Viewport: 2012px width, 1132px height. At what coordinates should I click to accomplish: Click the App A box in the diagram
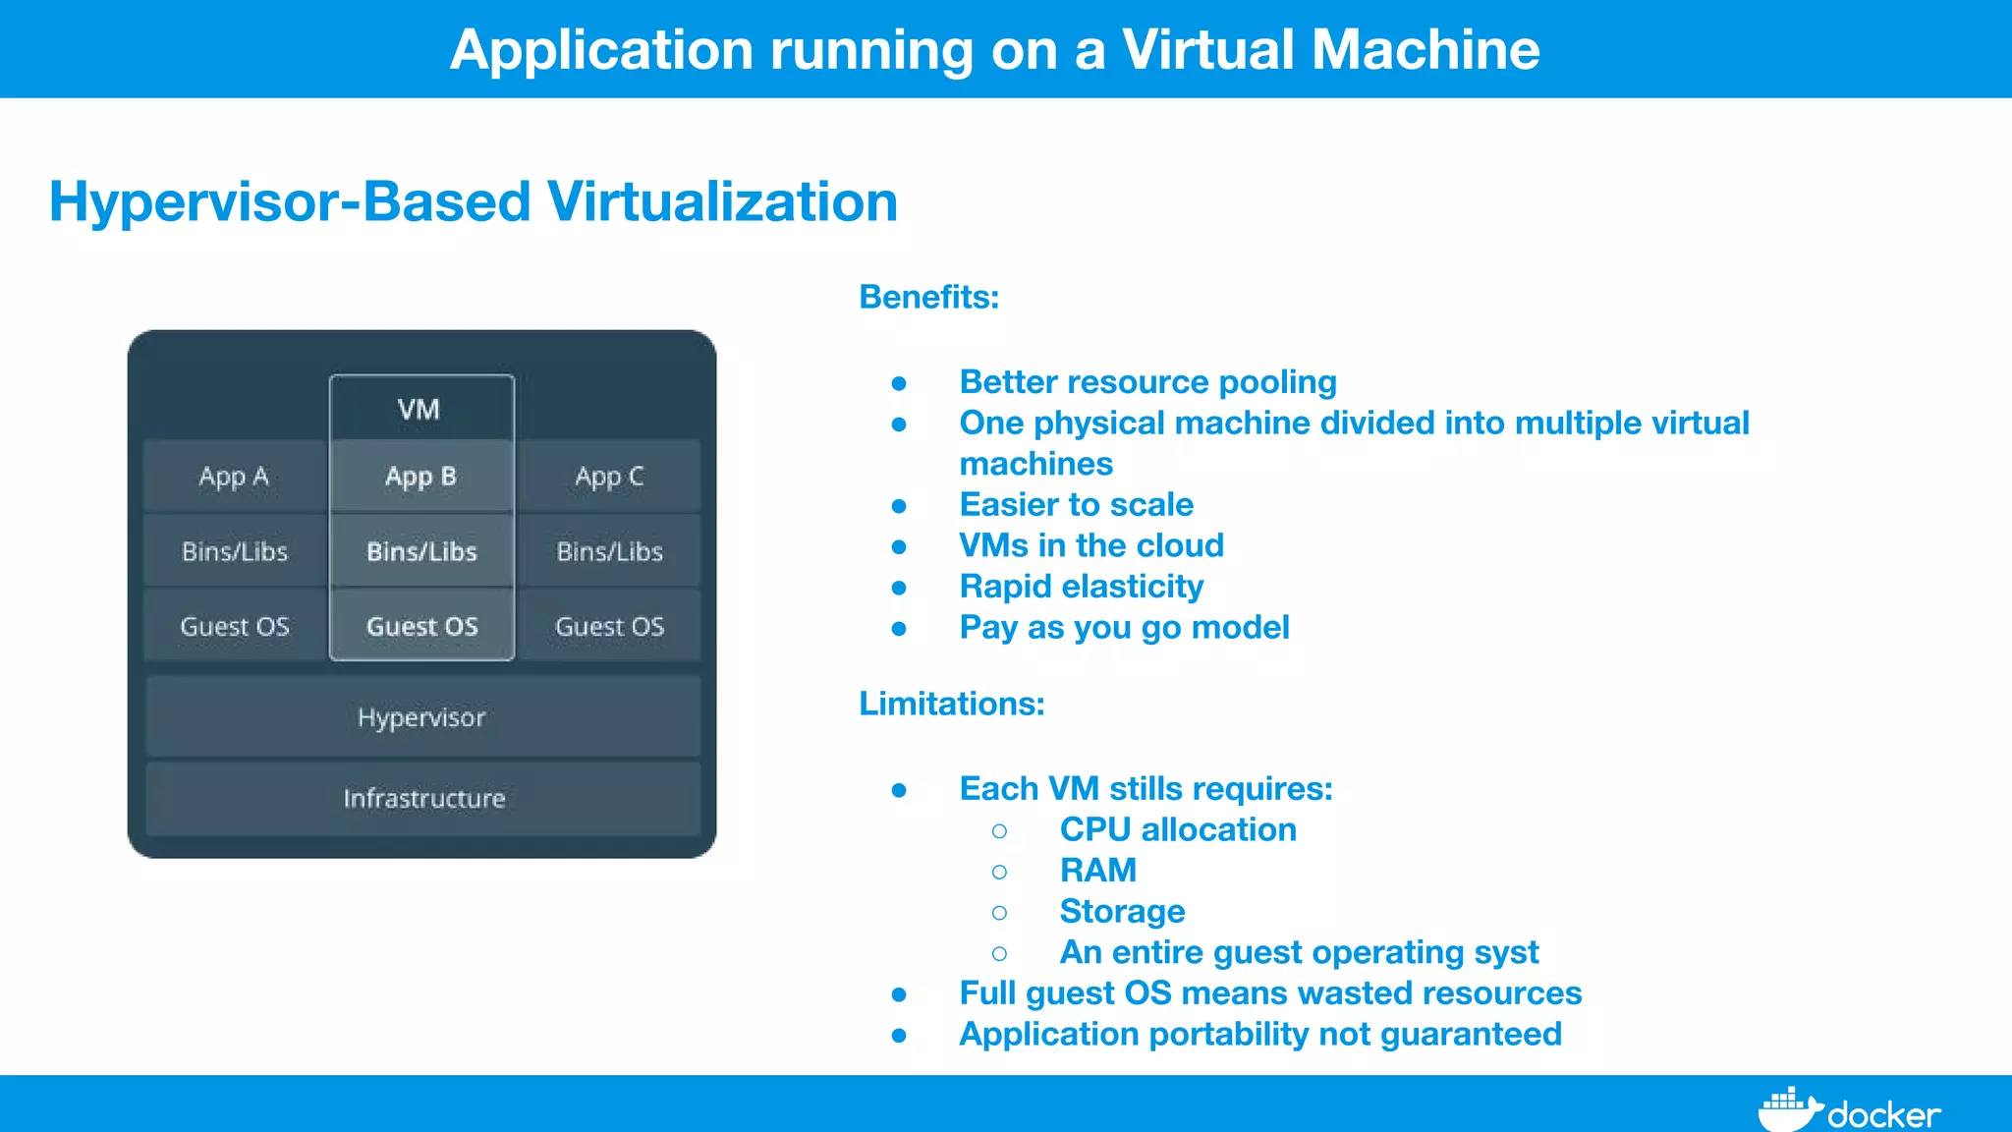coord(234,477)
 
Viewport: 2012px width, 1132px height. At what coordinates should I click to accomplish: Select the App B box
coord(421,477)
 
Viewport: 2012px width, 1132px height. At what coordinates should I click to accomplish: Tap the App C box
coord(609,477)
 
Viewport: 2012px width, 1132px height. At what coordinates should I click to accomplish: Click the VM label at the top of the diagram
coord(419,410)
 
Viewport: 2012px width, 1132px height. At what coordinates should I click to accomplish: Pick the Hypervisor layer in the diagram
coord(422,717)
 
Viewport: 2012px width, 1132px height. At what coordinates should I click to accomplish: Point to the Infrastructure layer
coord(423,798)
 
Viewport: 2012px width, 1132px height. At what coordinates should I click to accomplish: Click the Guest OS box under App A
coord(235,626)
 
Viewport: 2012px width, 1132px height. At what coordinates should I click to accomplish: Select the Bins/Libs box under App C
coord(609,551)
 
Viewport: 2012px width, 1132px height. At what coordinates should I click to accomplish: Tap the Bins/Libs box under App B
coord(421,551)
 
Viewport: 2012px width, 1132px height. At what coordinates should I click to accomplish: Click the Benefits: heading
coord(928,297)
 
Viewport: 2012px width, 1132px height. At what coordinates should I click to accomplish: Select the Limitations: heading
coord(951,704)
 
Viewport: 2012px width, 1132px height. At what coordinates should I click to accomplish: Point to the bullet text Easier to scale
coord(1076,504)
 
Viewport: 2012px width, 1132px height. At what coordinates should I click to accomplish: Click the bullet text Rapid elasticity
coord(1081,587)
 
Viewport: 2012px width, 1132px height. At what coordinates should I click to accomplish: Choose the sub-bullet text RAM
coord(1097,871)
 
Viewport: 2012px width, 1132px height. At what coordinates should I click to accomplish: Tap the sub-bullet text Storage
coord(1122,911)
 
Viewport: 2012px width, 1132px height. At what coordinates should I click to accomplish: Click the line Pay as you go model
coord(1124,627)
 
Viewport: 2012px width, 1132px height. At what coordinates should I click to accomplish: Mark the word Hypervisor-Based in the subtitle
coord(290,201)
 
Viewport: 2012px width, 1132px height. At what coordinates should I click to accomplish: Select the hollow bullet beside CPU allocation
coord(999,831)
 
